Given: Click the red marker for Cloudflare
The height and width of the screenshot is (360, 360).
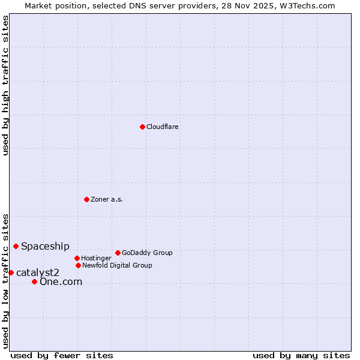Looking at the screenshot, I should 142,127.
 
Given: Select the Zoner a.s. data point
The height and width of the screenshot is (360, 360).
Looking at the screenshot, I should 86,199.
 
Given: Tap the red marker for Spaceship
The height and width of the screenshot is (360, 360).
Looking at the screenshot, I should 16,246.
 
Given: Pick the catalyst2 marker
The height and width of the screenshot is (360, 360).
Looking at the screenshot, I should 11,272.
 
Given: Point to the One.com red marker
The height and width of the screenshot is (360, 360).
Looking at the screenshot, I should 34,281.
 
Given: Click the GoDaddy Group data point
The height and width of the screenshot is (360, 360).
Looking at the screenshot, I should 118,253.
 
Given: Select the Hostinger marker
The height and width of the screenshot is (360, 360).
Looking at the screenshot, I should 77,258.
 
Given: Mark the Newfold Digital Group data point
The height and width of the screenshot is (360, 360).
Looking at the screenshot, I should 78,265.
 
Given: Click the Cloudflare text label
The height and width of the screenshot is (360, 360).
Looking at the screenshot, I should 163,127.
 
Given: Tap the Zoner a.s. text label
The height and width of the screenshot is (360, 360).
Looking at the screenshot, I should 107,199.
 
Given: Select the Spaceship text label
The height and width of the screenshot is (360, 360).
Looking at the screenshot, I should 45,246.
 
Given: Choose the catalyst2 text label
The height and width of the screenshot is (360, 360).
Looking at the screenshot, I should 38,272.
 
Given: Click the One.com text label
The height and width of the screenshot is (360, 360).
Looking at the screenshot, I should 61,281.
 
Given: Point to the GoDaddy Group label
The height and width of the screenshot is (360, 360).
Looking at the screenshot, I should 147,253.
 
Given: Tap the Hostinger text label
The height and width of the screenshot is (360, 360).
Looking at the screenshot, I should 96,258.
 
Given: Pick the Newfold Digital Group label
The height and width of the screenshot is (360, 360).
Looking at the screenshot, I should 117,265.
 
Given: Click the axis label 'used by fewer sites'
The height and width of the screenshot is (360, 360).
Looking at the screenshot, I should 62,355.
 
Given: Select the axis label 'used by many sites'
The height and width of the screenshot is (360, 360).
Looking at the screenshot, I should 301,355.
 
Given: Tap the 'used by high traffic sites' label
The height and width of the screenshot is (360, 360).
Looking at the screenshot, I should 5,85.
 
